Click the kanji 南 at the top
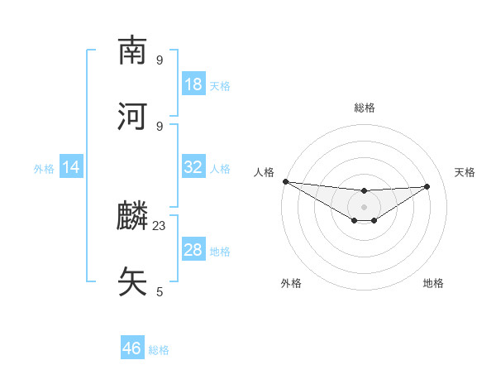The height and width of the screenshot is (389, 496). pyautogui.click(x=132, y=51)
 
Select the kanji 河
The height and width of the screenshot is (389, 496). pyautogui.click(x=132, y=117)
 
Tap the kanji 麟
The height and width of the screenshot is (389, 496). pyautogui.click(x=132, y=217)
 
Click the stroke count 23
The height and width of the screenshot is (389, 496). pyautogui.click(x=160, y=225)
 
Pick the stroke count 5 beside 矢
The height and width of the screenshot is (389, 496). pyautogui.click(x=160, y=291)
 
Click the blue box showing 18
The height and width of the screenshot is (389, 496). pyautogui.click(x=193, y=84)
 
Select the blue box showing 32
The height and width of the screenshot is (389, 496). pyautogui.click(x=193, y=167)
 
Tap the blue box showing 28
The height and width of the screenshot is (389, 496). pyautogui.click(x=193, y=250)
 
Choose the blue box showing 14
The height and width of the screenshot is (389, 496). pyautogui.click(x=71, y=167)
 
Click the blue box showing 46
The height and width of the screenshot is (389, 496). pyautogui.click(x=132, y=348)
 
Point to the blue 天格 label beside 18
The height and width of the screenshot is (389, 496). pyautogui.click(x=220, y=85)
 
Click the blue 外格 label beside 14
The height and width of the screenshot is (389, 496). pyautogui.click(x=44, y=168)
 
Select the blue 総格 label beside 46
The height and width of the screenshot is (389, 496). pyautogui.click(x=159, y=349)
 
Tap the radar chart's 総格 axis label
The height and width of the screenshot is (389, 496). pyautogui.click(x=364, y=108)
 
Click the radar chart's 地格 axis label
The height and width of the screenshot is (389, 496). pyautogui.click(x=433, y=283)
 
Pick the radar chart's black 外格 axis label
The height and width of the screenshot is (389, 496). pyautogui.click(x=291, y=283)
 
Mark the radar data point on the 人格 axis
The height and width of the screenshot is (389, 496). pyautogui.click(x=285, y=181)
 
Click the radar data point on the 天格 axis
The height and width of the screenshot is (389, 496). pyautogui.click(x=427, y=186)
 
